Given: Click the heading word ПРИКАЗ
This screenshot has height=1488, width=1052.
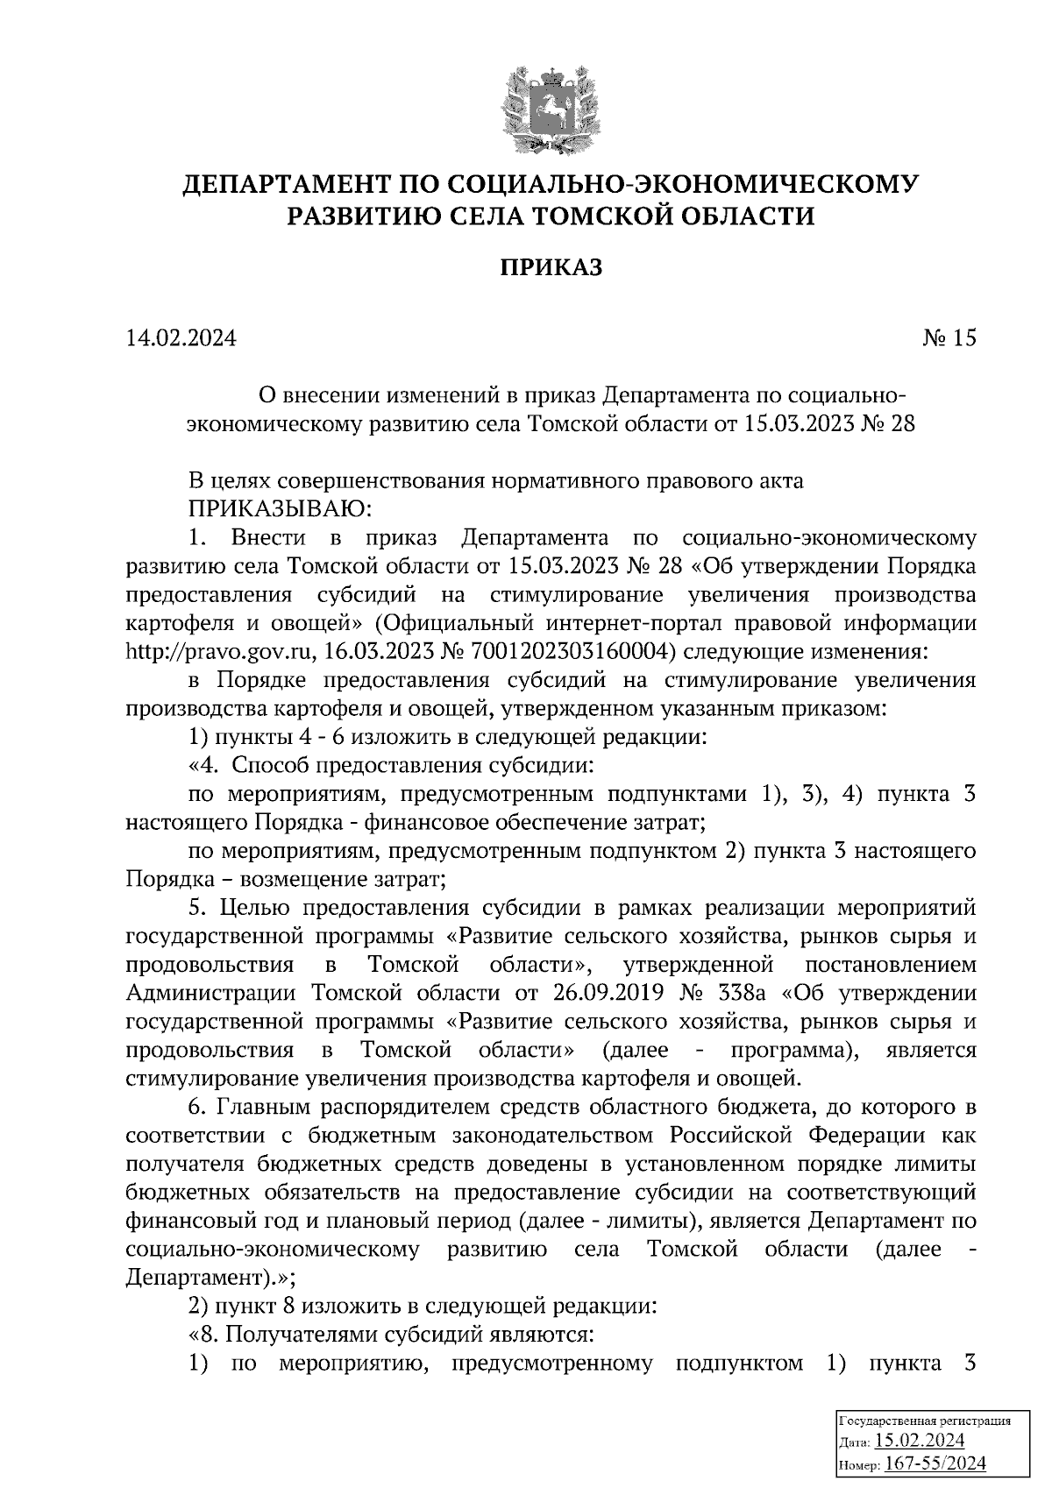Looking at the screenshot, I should (x=551, y=266).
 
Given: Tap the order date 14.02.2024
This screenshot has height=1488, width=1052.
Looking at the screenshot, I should (x=181, y=338).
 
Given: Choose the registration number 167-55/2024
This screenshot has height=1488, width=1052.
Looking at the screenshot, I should (x=935, y=1462).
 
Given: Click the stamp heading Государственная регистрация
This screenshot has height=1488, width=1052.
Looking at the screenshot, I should (x=926, y=1421).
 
